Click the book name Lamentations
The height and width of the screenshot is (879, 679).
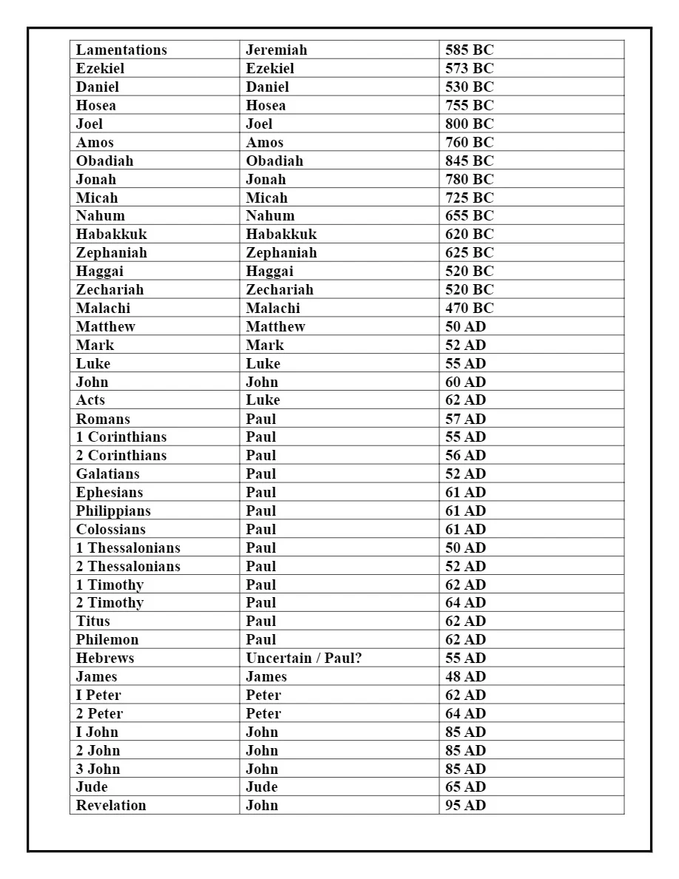(x=121, y=50)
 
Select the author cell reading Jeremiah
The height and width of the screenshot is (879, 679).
(x=276, y=50)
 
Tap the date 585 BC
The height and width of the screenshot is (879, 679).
(x=469, y=50)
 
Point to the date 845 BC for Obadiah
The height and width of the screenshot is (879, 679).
(x=469, y=161)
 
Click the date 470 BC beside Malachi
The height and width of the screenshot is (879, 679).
(x=469, y=308)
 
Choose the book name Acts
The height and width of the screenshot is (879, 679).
(x=90, y=400)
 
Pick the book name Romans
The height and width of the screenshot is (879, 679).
(x=103, y=419)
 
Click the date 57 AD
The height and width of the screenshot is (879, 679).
(x=465, y=419)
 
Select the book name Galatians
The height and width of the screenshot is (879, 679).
(x=107, y=474)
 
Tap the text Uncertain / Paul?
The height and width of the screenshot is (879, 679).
(x=304, y=658)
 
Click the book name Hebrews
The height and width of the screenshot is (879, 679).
(x=105, y=658)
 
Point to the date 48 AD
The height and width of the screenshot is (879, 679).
(x=465, y=676)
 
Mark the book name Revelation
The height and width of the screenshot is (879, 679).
(x=111, y=805)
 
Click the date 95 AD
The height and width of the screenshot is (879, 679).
(x=465, y=805)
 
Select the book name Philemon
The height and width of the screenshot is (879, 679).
(x=107, y=639)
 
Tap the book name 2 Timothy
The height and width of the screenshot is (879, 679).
(x=109, y=603)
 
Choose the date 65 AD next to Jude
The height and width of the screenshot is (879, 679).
(x=465, y=787)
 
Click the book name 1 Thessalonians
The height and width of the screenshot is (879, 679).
(x=128, y=548)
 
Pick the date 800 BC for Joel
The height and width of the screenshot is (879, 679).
(x=469, y=124)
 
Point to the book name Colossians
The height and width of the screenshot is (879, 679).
(x=110, y=529)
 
